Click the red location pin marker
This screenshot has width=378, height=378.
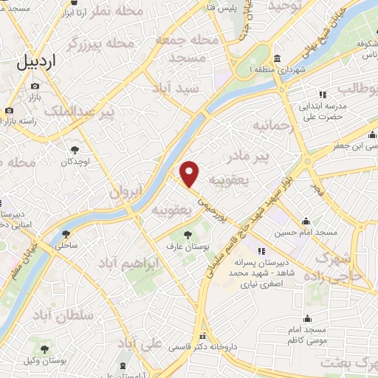(x=190, y=173)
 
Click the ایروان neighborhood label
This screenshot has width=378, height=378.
(x=126, y=193)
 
